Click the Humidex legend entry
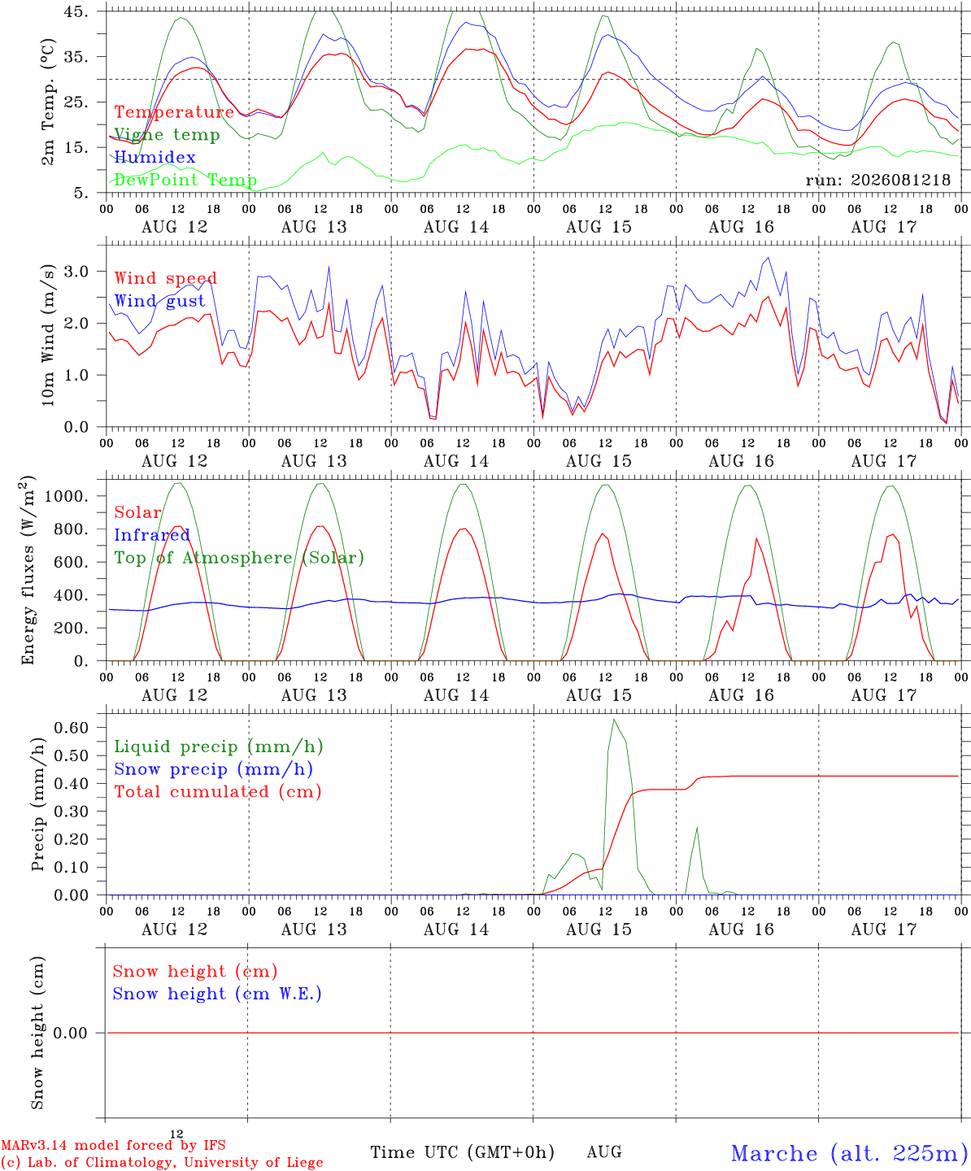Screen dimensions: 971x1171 [x=155, y=157]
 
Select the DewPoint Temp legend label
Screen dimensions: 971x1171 [x=185, y=180]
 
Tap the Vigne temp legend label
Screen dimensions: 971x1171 [x=167, y=135]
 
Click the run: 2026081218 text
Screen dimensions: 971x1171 [x=877, y=180]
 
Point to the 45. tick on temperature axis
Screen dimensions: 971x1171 [x=76, y=11]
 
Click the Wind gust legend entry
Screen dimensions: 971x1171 [x=160, y=301]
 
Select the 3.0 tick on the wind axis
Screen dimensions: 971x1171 [x=76, y=272]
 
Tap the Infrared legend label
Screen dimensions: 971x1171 [x=152, y=535]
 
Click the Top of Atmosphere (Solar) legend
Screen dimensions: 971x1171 [x=240, y=558]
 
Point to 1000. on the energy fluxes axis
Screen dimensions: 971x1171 [x=66, y=496]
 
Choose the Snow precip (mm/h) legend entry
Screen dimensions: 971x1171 [x=214, y=769]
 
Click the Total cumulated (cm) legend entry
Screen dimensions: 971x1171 [x=218, y=791]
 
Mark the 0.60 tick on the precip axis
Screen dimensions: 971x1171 [x=72, y=727]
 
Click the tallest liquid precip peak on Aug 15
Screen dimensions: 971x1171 [x=614, y=720]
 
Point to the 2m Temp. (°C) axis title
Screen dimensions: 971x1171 [x=48, y=102]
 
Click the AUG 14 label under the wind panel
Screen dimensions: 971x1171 [x=456, y=461]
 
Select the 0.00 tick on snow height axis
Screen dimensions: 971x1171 [x=70, y=1033]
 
